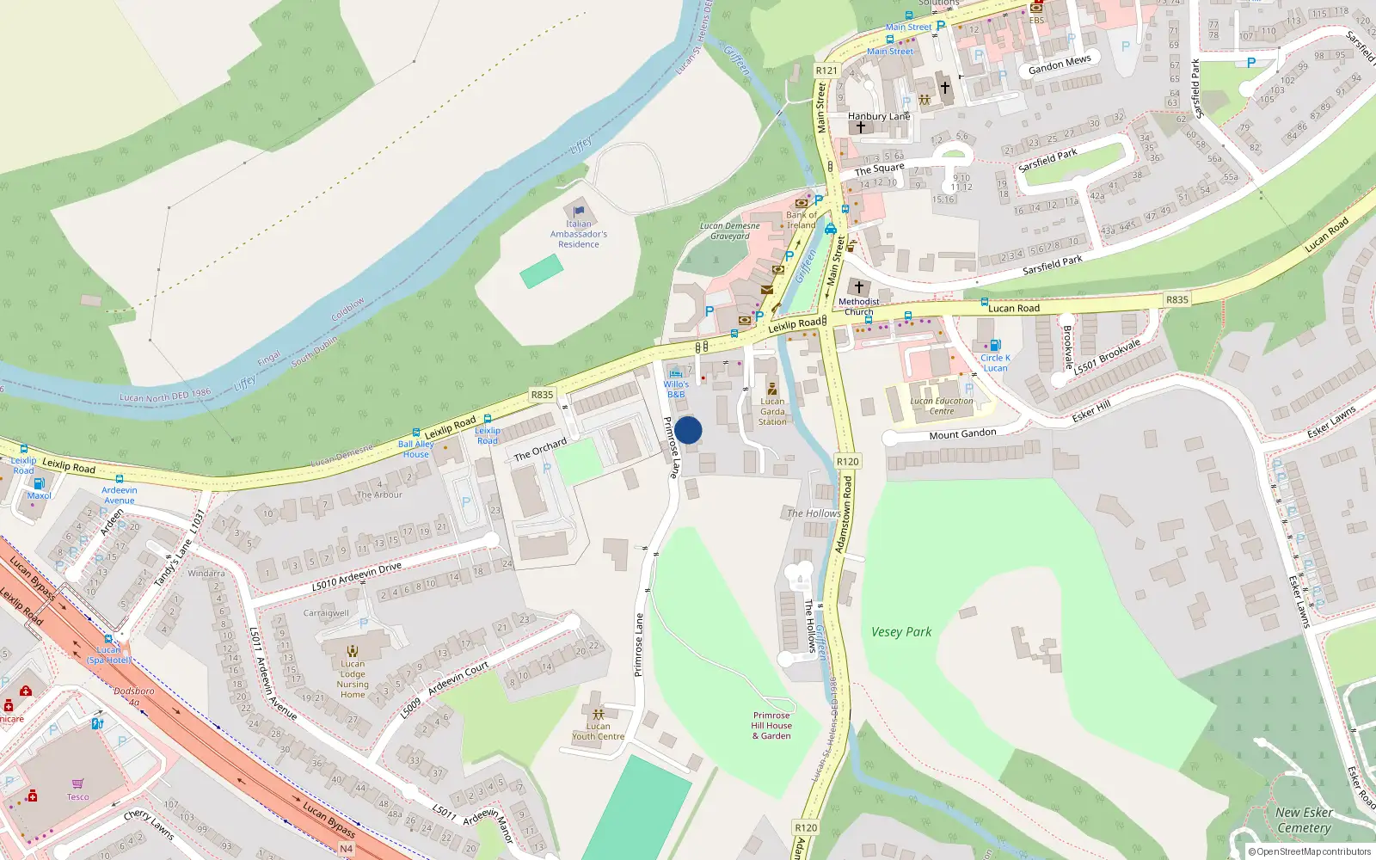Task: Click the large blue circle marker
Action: (x=688, y=430)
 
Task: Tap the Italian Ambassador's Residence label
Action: (x=579, y=234)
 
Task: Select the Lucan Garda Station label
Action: (x=772, y=411)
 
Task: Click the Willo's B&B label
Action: (x=676, y=389)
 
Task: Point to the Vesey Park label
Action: (x=901, y=632)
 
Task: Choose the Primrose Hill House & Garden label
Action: (x=771, y=726)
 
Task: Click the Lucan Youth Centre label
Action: (x=599, y=731)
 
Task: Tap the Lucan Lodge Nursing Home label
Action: (x=353, y=679)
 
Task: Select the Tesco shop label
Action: (x=77, y=796)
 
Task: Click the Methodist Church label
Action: (x=858, y=306)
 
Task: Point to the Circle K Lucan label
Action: (x=995, y=363)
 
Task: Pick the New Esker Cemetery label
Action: (x=1304, y=820)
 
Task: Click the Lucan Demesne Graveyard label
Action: (x=730, y=231)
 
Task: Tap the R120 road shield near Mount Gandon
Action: (x=848, y=462)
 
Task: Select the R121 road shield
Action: (x=826, y=71)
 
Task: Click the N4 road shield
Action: (x=346, y=849)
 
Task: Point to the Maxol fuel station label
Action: (x=39, y=495)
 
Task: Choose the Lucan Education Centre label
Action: (x=942, y=406)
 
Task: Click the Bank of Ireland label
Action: (x=801, y=220)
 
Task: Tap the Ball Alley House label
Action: (x=416, y=449)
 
